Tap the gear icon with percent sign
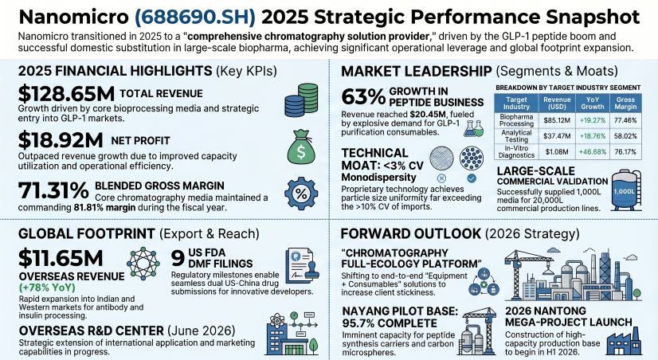[x=300, y=194]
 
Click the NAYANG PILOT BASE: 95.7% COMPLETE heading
[x=397, y=317]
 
